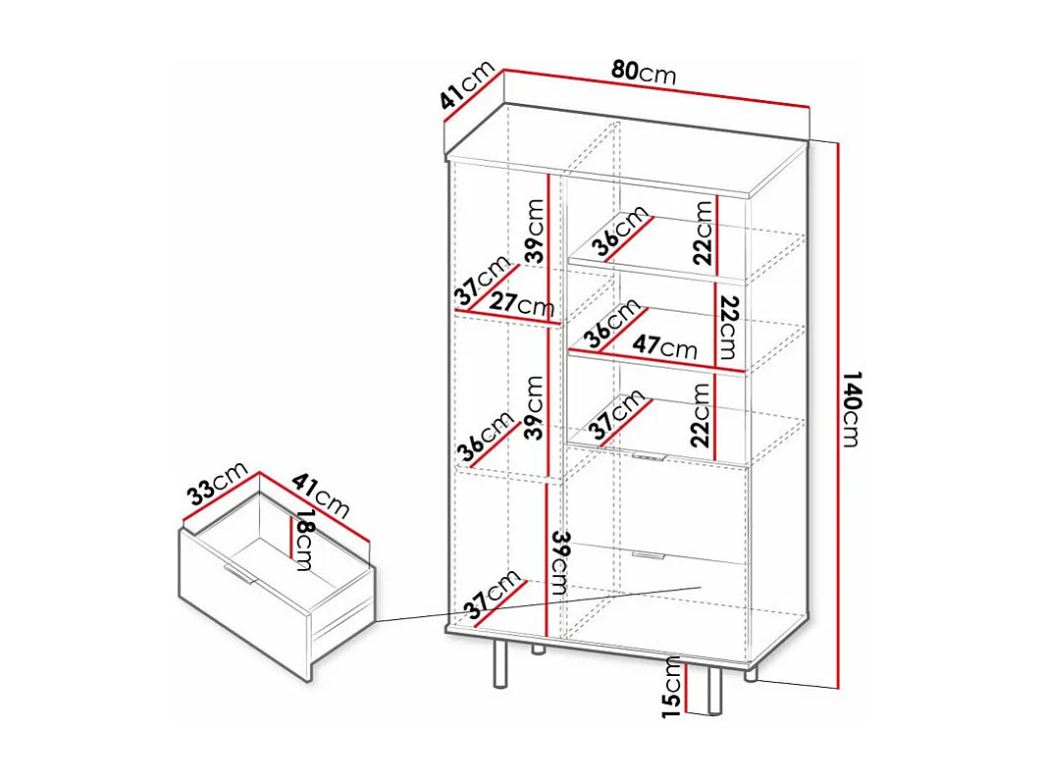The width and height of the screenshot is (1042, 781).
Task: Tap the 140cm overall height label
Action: (850, 409)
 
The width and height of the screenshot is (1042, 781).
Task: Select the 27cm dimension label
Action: (522, 305)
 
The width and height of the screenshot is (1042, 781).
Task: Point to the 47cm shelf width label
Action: (664, 347)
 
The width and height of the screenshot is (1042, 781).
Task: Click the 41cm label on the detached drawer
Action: (321, 495)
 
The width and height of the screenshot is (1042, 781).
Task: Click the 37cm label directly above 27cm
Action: (483, 282)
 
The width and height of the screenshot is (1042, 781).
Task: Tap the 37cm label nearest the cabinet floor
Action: (494, 595)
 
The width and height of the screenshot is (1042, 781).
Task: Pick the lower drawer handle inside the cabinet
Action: (647, 556)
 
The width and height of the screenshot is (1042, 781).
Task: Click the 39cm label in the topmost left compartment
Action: (534, 232)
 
